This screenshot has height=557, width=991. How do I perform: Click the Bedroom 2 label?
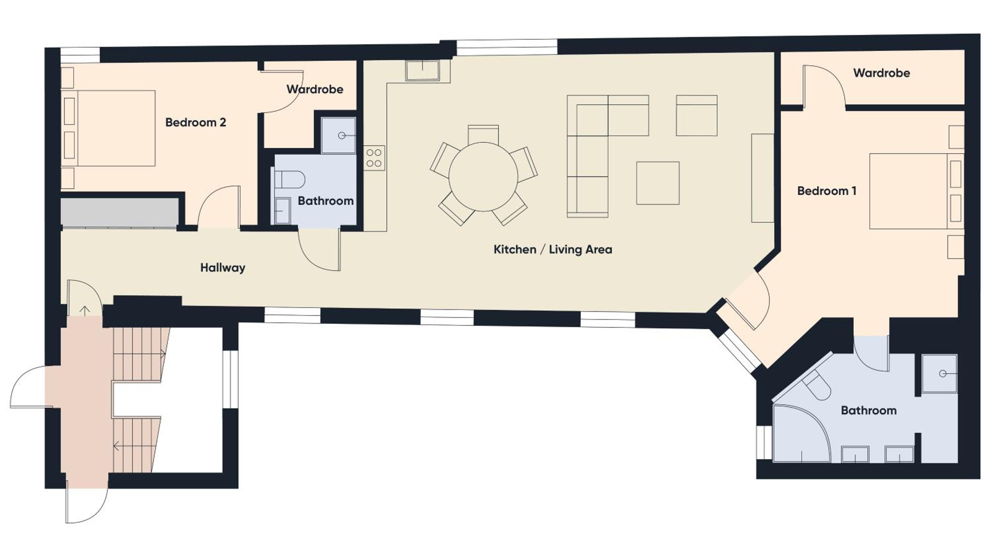pos(196,123)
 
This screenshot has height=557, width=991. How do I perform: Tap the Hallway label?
pos(223,268)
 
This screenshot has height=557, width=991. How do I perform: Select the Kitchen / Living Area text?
pos(553,250)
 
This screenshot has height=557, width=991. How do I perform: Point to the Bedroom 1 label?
pos(827,191)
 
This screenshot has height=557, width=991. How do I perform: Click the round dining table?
pos(483,176)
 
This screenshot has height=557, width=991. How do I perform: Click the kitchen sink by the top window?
pos(422,71)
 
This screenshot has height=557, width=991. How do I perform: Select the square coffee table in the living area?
pos(658,183)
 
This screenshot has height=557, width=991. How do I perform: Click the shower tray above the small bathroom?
pos(339,135)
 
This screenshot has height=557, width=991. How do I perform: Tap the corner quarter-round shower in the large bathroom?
pos(801,433)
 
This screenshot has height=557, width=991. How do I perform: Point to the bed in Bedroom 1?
pos(916,191)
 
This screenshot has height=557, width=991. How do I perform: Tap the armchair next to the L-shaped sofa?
pos(697,115)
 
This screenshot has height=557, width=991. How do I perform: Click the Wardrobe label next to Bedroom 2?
pos(315,90)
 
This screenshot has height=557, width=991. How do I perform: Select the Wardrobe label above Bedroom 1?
pos(882,73)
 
